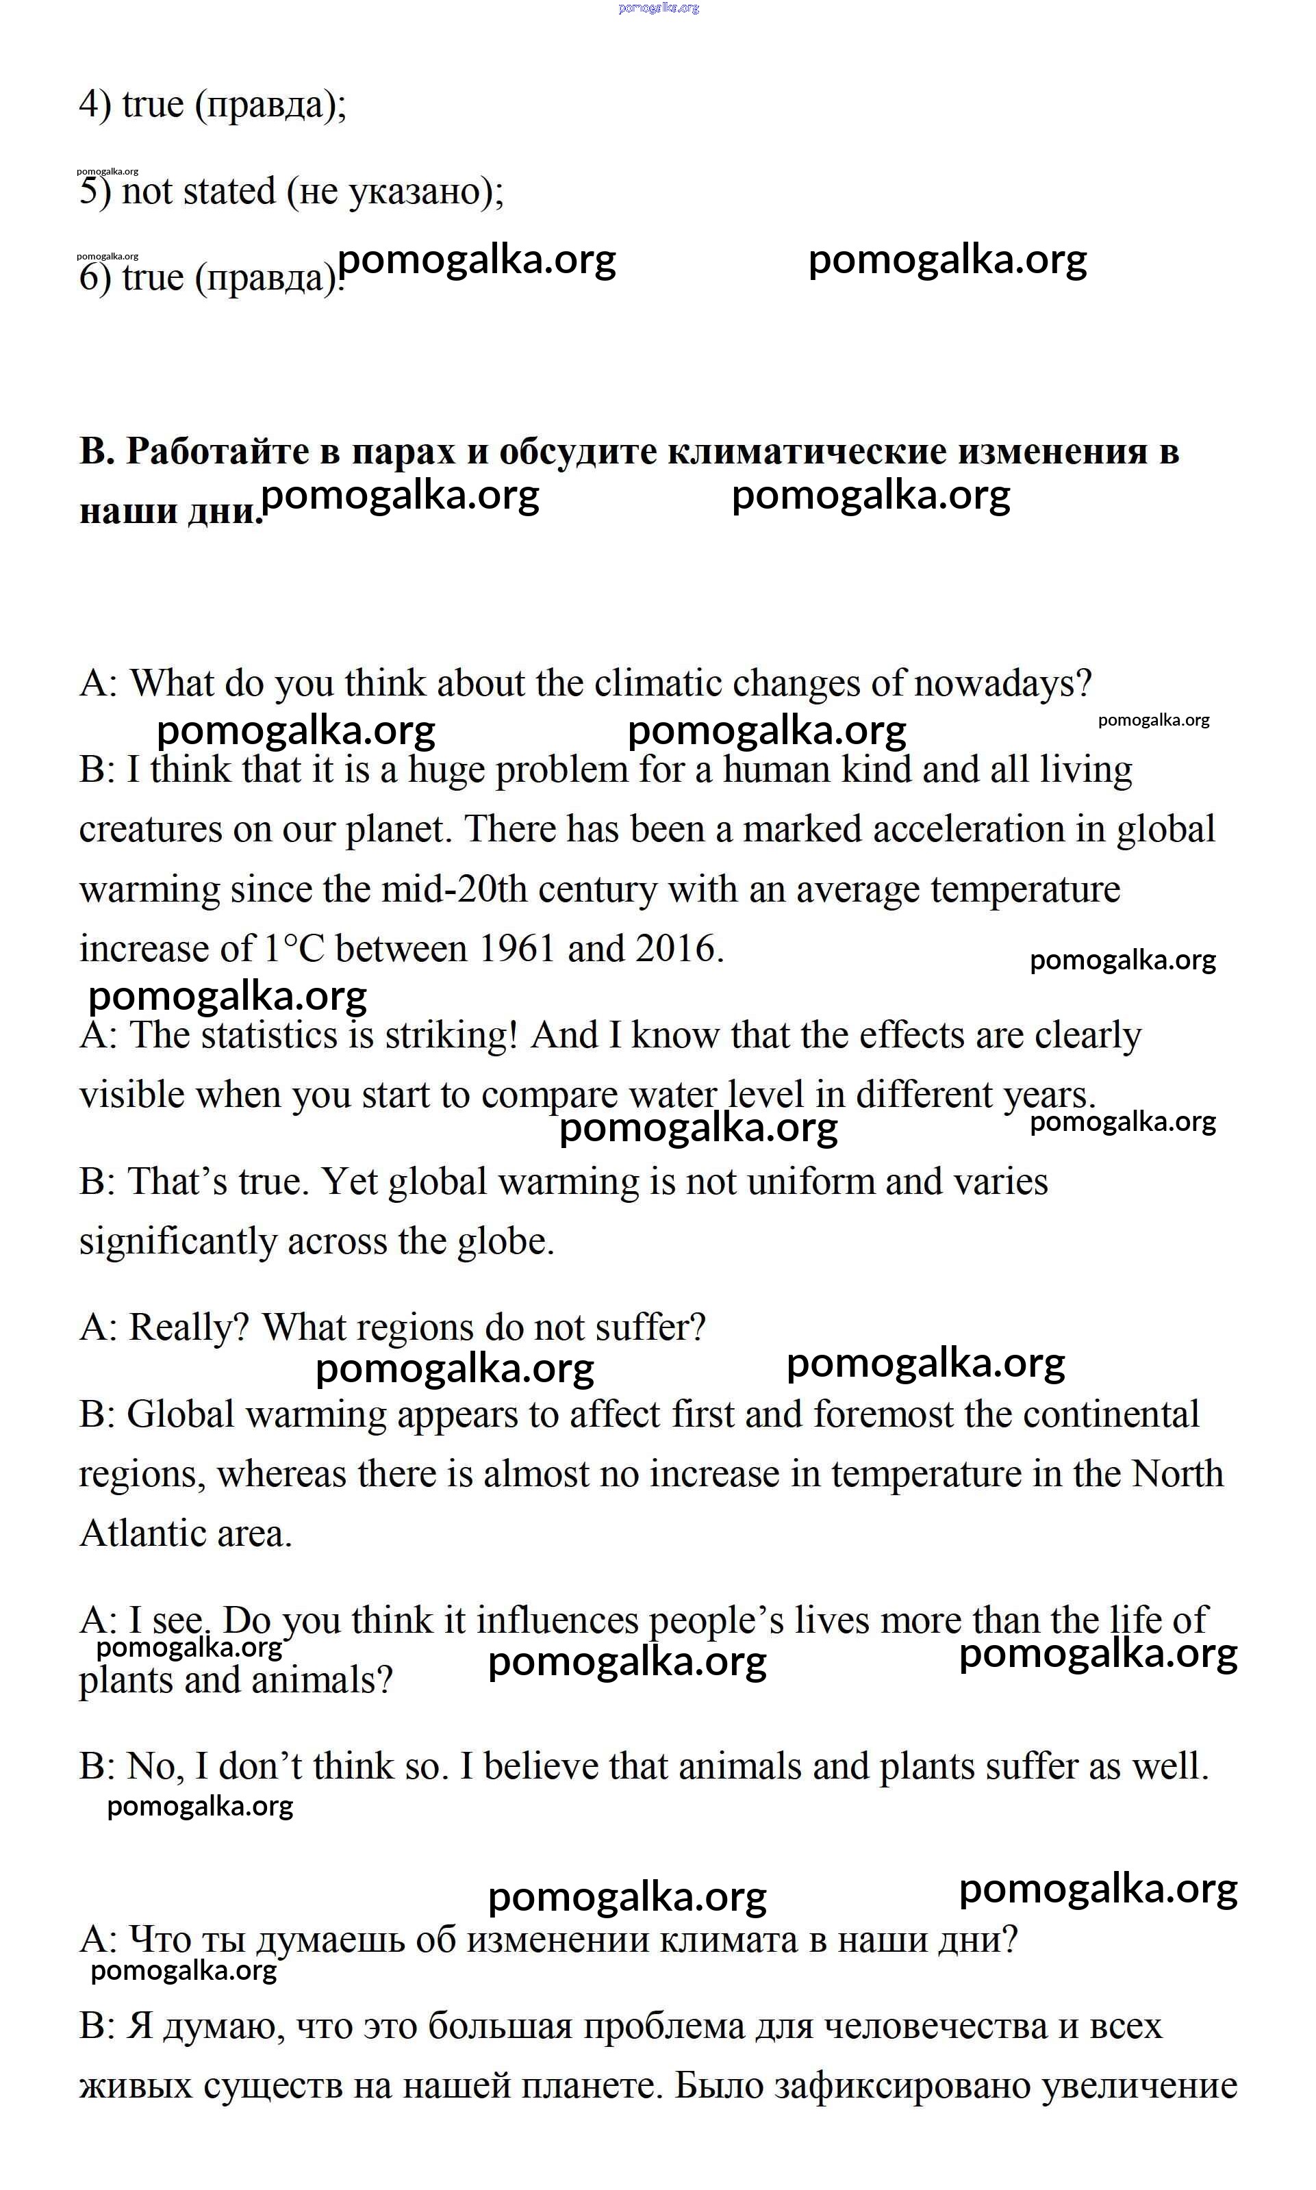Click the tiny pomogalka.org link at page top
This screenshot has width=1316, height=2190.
(x=658, y=8)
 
